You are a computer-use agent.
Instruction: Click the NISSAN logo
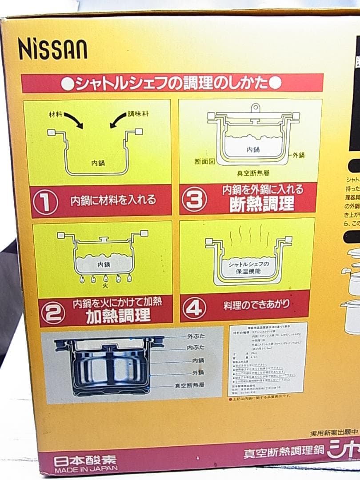[x=52, y=49]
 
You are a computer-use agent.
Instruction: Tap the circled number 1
[x=46, y=202]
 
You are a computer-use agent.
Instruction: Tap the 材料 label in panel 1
[x=56, y=114]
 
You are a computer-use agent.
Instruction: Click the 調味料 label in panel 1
[x=138, y=114]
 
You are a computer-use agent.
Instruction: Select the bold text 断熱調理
[x=262, y=204]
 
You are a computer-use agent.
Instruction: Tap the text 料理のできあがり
[x=256, y=305]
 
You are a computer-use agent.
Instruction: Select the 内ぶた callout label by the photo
[x=196, y=348]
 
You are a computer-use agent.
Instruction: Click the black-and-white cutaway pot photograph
[x=109, y=365]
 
